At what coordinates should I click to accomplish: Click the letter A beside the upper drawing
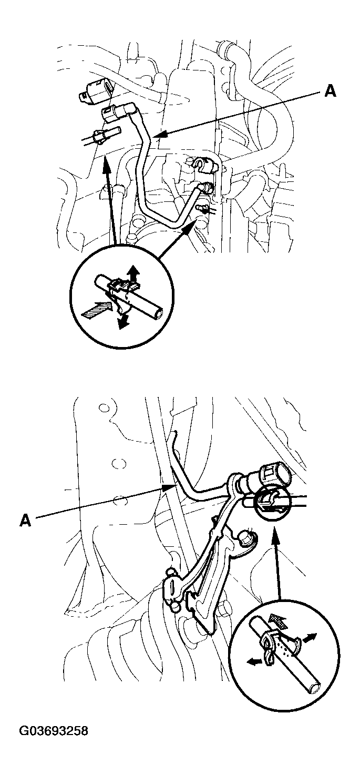pos(330,91)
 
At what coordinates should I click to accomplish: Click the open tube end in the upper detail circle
pos(159,315)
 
